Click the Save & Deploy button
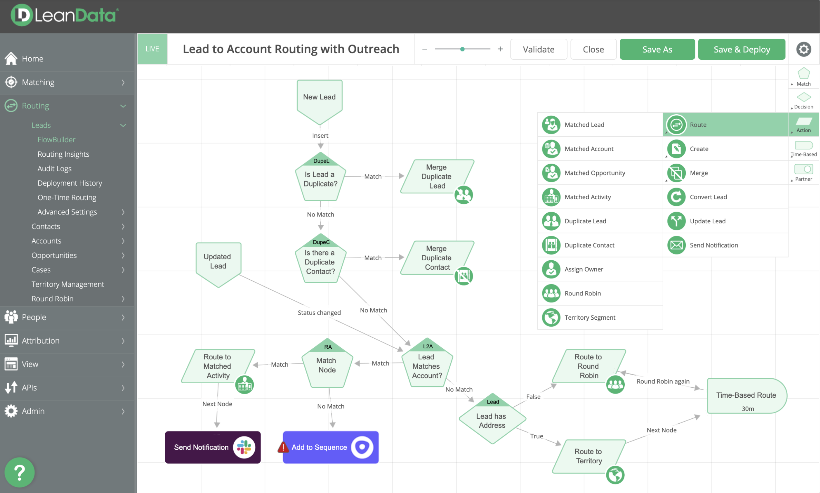point(741,49)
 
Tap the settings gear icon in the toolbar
point(804,49)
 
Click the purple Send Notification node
point(213,447)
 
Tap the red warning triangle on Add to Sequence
point(283,447)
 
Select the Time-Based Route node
point(747,396)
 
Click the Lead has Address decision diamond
point(492,419)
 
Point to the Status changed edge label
point(319,312)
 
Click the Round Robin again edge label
point(663,381)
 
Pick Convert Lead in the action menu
point(708,197)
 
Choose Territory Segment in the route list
point(590,317)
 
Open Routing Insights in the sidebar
point(63,154)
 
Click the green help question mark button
point(20,472)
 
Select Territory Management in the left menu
point(68,284)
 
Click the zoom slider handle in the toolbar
point(462,49)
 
